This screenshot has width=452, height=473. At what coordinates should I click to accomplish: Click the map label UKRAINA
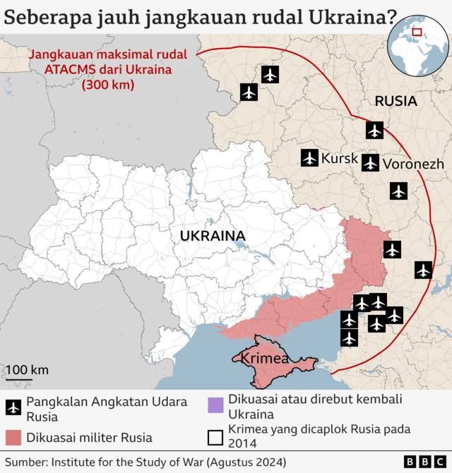(213, 236)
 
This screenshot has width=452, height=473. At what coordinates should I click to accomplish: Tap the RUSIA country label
(395, 101)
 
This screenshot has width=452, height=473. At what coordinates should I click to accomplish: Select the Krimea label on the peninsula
(265, 359)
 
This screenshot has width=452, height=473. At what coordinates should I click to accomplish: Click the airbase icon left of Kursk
(309, 157)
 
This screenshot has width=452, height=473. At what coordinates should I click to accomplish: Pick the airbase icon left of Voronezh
(370, 163)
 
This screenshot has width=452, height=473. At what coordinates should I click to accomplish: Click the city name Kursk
(340, 159)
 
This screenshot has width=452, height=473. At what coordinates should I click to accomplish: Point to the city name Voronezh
(413, 164)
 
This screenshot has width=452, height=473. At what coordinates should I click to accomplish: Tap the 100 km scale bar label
(28, 370)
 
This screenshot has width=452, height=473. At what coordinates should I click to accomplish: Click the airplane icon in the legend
(13, 408)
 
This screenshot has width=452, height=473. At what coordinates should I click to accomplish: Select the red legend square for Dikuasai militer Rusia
(13, 438)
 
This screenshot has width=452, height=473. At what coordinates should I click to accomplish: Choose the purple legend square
(215, 405)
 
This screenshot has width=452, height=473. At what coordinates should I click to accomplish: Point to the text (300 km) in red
(107, 84)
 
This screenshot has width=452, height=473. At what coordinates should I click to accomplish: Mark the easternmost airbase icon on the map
(423, 270)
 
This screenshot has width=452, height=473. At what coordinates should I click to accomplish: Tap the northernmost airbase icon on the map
(270, 73)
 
